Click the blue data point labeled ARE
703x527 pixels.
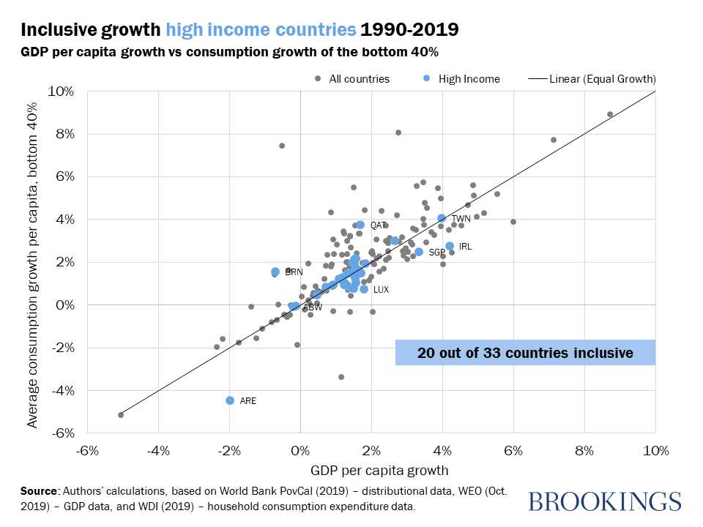click(x=230, y=400)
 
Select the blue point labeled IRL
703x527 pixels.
click(x=450, y=246)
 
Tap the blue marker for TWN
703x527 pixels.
click(x=442, y=218)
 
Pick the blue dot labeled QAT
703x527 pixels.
click(x=360, y=225)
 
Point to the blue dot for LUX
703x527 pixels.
click(x=364, y=289)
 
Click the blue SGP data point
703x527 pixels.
click(x=419, y=252)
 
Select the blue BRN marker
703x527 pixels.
click(x=275, y=272)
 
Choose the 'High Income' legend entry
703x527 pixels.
click(x=461, y=78)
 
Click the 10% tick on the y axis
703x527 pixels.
click(x=61, y=91)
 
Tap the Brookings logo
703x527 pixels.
click(x=604, y=501)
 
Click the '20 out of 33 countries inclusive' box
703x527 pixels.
click(x=525, y=352)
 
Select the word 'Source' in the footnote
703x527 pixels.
click(x=40, y=490)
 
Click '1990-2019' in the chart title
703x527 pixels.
click(x=410, y=30)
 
